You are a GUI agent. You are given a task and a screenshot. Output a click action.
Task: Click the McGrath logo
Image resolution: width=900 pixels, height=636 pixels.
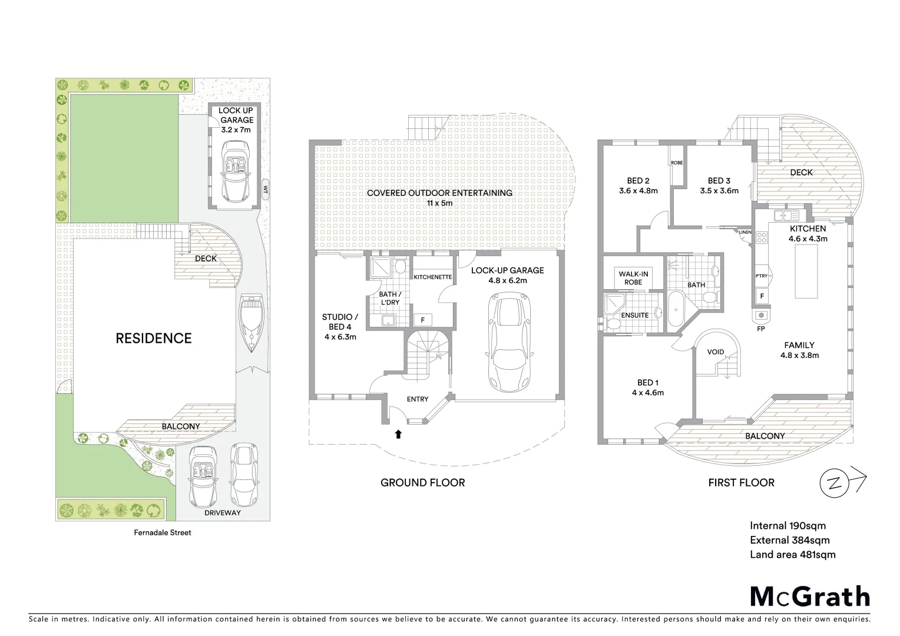coord(809,597)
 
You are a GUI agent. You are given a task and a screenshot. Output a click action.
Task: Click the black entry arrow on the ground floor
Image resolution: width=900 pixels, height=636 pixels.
coord(398,435)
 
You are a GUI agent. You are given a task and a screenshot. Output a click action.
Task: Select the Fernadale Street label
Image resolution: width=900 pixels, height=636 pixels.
coord(161,532)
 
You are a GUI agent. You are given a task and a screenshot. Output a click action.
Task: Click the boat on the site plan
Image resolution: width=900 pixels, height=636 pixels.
coord(252,324)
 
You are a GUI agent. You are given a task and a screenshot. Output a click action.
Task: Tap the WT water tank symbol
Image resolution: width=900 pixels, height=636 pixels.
coord(265,190)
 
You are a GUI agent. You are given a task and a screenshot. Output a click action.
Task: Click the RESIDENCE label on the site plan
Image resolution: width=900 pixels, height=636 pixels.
coord(153,338)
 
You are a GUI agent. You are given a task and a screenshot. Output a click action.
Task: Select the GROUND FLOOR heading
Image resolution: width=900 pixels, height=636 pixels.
coord(422,483)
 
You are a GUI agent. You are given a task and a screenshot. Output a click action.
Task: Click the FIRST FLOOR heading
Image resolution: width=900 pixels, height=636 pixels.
coord(740,483)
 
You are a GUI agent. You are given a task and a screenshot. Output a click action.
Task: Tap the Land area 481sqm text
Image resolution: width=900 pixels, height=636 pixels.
coord(792,554)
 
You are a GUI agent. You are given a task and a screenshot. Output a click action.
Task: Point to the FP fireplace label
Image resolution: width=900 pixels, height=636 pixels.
coord(760,329)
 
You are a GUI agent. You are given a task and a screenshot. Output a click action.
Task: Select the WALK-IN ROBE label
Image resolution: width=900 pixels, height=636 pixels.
coord(633,278)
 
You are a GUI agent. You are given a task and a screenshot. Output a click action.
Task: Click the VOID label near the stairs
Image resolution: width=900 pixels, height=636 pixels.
coord(716,352)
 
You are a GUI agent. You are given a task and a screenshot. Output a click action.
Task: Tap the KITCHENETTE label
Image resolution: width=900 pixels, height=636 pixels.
coord(433,277)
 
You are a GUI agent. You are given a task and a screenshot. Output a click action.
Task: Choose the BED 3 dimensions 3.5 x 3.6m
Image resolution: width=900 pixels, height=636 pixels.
coord(719,191)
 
